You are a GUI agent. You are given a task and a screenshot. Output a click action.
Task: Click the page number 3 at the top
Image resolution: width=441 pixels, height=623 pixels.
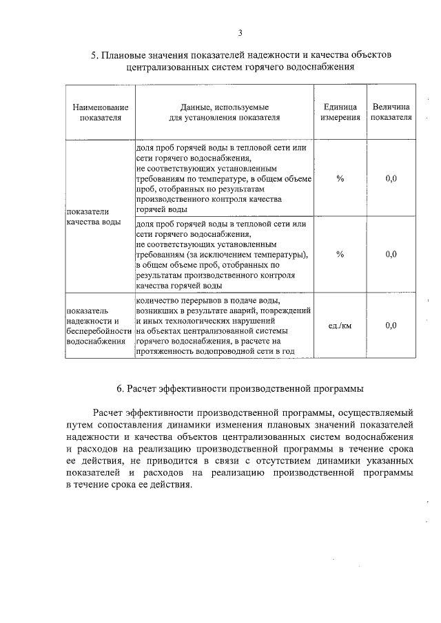coord(240,32)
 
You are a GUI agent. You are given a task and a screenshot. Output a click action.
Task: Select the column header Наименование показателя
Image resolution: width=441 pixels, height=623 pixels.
coord(101,112)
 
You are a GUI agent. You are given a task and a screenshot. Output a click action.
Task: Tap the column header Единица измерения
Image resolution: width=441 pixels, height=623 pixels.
coord(340,112)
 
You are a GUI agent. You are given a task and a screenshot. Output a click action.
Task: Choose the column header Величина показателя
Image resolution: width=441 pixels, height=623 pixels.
coord(391,112)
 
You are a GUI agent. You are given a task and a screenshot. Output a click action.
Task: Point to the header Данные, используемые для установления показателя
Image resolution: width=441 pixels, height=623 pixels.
coord(224,112)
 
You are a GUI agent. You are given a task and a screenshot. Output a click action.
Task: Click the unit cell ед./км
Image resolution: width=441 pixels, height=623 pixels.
coord(340,326)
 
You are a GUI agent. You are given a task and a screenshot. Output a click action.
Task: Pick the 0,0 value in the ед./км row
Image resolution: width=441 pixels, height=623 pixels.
coord(391,326)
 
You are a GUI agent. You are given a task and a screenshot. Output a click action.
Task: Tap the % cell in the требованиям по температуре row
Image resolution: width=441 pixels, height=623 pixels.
coord(340,179)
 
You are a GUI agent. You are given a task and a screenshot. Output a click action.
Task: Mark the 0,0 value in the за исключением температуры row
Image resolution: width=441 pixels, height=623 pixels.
coord(391,254)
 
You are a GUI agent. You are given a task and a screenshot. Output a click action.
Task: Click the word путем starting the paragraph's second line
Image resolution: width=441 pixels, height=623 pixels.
coord(79,425)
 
